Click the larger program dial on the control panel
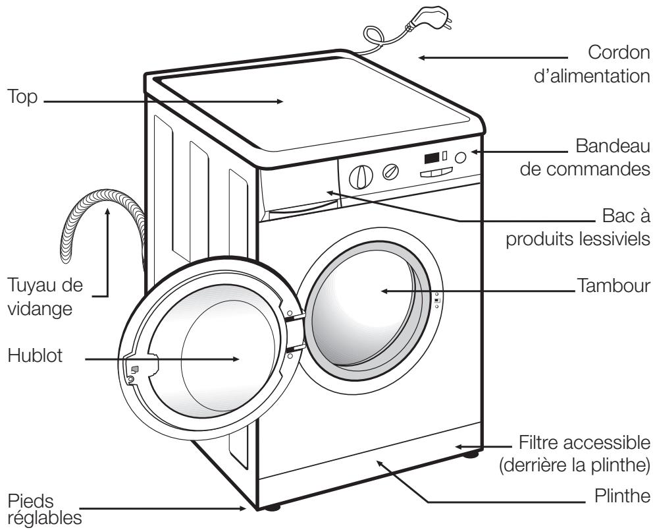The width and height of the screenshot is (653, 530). (x=359, y=175)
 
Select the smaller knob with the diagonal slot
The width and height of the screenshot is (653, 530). (x=392, y=171)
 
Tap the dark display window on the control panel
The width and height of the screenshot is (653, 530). (x=431, y=159)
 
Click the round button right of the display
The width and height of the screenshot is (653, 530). (x=463, y=158)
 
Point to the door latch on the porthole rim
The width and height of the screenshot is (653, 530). (x=132, y=372)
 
